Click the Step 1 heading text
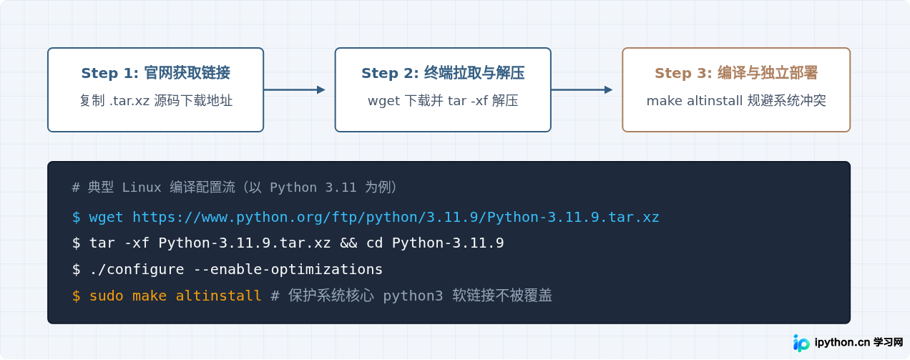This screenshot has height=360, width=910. click(155, 73)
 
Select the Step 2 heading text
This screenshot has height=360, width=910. click(443, 73)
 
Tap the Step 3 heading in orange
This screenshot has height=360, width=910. click(736, 73)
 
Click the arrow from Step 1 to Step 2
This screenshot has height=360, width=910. click(295, 89)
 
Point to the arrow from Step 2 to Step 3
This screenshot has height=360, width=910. click(582, 89)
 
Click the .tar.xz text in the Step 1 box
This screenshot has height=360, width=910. click(129, 101)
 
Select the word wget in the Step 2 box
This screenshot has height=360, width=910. click(384, 101)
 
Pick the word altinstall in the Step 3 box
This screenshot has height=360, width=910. click(714, 101)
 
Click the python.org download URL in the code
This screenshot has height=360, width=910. click(396, 218)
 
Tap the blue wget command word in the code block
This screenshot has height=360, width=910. click(106, 218)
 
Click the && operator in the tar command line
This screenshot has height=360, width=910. click(348, 243)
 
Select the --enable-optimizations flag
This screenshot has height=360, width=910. click(288, 269)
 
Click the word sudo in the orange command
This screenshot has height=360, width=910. click(106, 296)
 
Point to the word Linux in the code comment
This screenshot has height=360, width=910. click(142, 188)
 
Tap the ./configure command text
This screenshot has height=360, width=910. click(137, 269)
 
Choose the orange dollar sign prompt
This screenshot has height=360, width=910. click(76, 296)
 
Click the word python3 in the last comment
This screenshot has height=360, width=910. click(413, 296)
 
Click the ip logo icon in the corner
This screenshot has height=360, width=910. click(801, 344)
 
